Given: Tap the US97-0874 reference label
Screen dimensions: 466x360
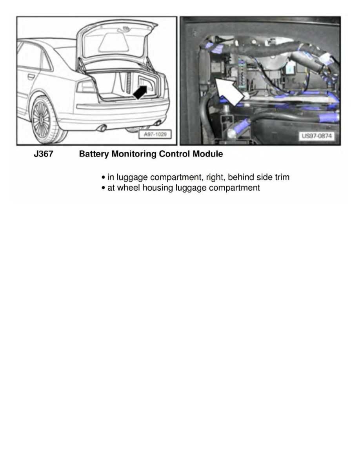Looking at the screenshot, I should click(x=316, y=136).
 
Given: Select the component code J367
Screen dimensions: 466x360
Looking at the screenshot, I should click(x=43, y=154).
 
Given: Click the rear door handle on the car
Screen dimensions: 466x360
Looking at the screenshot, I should click(x=31, y=76).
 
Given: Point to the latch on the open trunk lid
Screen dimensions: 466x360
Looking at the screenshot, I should click(x=126, y=28).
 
